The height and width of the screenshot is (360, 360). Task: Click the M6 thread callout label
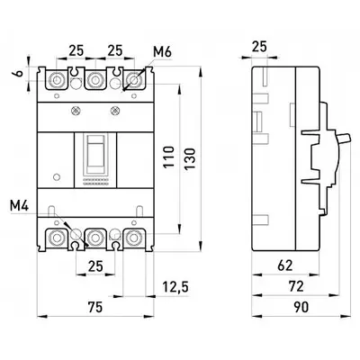tap(162, 52)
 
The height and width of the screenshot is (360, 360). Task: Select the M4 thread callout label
tap(19, 206)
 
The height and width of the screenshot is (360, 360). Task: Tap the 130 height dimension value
tap(190, 159)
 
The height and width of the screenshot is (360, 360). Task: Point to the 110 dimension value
tap(169, 157)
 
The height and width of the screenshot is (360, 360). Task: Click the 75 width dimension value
tap(95, 307)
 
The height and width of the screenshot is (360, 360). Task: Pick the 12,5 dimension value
tap(175, 287)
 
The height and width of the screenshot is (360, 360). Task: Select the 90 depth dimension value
tap(301, 307)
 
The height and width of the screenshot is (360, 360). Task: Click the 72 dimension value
tap(296, 286)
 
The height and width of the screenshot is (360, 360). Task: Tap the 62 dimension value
tap(284, 265)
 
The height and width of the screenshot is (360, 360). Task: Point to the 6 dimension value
tap(19, 74)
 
